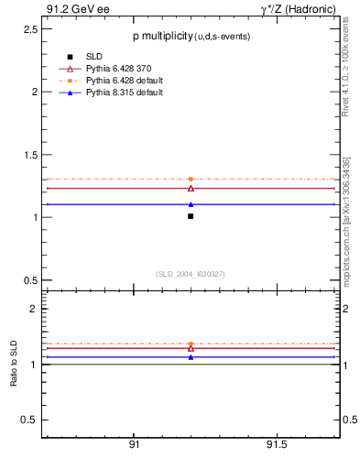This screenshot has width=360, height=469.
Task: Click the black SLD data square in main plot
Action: click(x=191, y=216)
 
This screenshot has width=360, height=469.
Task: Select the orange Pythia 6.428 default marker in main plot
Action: click(x=191, y=179)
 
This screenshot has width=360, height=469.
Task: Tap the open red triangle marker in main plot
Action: click(x=191, y=188)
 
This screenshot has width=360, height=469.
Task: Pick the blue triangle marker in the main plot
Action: click(x=191, y=204)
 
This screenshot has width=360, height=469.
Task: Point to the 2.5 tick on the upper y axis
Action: click(x=29, y=29)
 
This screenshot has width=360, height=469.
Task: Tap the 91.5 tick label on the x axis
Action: click(x=277, y=444)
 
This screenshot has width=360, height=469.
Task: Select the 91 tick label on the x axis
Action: click(x=134, y=444)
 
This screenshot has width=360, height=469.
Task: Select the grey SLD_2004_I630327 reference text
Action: click(x=190, y=274)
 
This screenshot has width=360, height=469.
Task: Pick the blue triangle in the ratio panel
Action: click(x=191, y=357)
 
